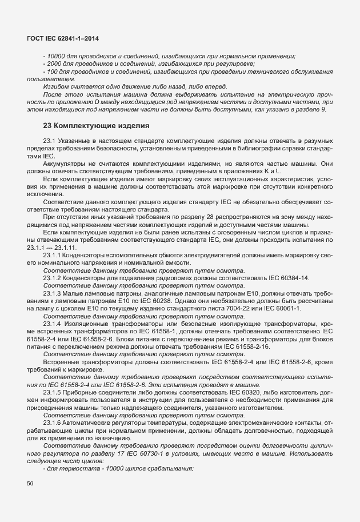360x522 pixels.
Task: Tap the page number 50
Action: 30,484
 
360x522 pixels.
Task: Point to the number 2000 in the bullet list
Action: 55,63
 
